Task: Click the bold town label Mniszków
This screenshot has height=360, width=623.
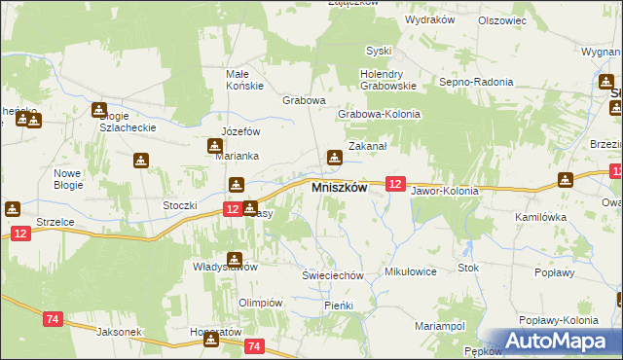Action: tap(338, 189)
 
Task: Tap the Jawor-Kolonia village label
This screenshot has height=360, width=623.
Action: tap(445, 191)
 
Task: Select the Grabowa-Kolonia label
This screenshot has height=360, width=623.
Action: tap(379, 114)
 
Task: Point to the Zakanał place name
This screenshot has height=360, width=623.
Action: tap(369, 145)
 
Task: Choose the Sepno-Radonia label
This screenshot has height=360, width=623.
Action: tap(476, 83)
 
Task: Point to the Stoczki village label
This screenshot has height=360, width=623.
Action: tap(180, 205)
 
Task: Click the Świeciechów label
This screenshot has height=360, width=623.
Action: tap(332, 275)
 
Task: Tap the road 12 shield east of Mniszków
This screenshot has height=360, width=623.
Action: tap(394, 183)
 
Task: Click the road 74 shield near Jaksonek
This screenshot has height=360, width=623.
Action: tap(54, 318)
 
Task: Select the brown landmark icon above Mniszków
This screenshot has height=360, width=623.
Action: tap(335, 157)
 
